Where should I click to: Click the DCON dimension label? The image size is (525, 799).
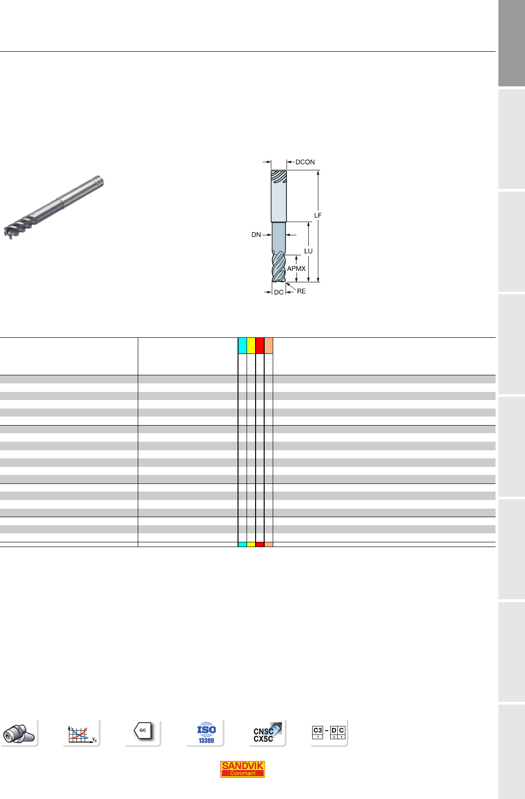point(305,162)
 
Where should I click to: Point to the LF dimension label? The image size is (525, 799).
point(318,215)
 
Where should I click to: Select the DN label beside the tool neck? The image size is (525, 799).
point(256,235)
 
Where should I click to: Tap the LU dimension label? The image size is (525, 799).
point(308,251)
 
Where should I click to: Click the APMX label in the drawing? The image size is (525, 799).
point(296,269)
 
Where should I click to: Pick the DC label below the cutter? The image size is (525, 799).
point(278,292)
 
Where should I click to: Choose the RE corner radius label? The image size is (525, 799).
point(301,291)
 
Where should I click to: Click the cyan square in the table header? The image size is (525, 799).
point(242,345)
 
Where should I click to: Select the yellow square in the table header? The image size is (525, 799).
point(251,345)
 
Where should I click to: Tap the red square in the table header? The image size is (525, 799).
point(260,345)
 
